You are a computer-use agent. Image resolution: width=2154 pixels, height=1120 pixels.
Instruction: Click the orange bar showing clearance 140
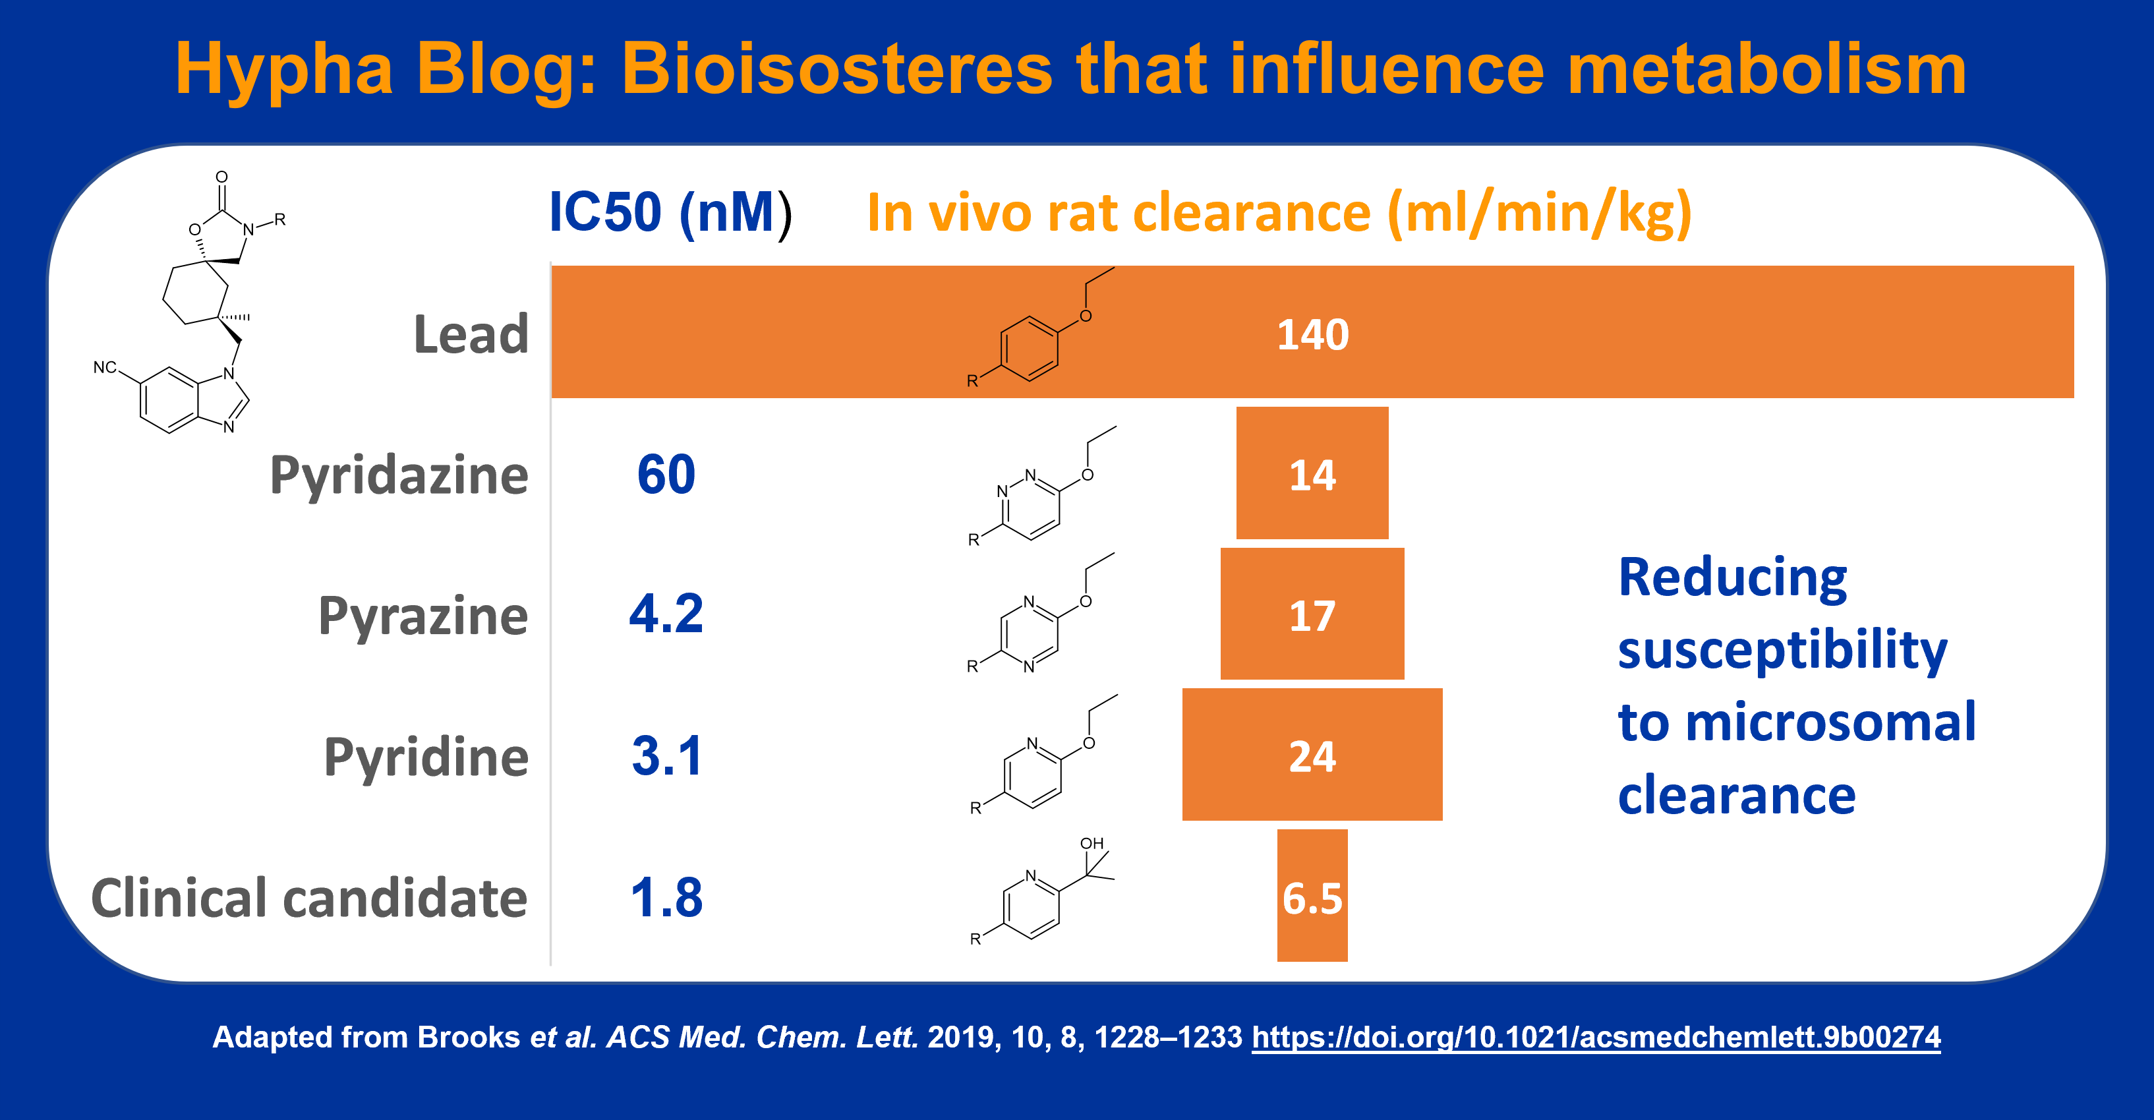click(1313, 332)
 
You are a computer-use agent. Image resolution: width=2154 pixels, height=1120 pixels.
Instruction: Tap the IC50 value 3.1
click(666, 755)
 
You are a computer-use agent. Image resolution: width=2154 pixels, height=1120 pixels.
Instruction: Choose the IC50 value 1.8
click(666, 897)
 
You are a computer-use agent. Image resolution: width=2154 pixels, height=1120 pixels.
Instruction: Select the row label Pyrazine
click(423, 617)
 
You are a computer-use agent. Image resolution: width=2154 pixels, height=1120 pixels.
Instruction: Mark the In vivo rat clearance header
click(1280, 214)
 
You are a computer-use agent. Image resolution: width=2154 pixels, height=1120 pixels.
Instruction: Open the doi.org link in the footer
click(1596, 1037)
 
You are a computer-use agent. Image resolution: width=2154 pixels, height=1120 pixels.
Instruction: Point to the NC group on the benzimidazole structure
click(105, 367)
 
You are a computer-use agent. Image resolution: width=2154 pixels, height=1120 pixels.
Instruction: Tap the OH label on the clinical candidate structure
click(1092, 843)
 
